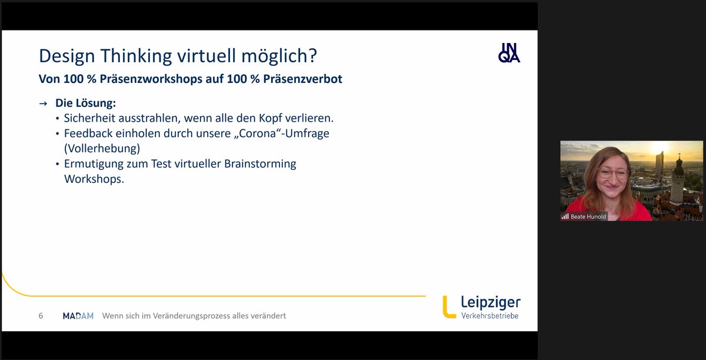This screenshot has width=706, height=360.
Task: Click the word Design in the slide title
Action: (x=65, y=56)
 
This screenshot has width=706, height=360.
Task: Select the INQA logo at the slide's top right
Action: (x=509, y=52)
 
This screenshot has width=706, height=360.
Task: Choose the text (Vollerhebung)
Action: (x=102, y=148)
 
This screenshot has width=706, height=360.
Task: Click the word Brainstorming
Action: (x=260, y=164)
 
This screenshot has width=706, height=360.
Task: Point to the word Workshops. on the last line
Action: (x=94, y=179)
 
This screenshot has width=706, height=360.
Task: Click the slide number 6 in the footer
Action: (x=41, y=316)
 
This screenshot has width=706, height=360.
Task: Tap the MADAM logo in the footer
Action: (x=78, y=316)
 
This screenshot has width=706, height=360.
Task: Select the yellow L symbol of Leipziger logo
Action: (x=449, y=306)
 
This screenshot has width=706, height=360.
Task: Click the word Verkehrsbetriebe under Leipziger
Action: (x=490, y=316)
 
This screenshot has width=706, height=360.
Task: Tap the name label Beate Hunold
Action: (x=588, y=216)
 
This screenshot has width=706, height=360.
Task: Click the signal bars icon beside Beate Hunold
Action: (x=565, y=216)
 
